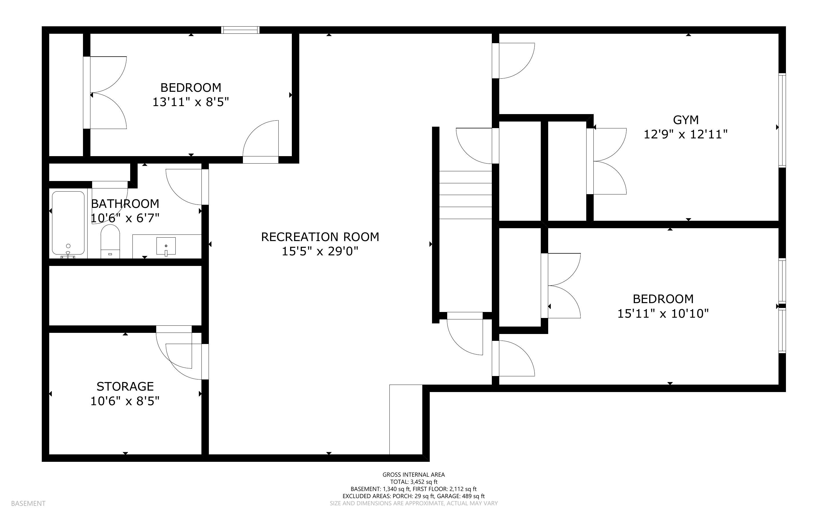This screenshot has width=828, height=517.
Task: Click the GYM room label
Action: (x=686, y=120)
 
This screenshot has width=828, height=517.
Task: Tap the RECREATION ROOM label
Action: (x=320, y=237)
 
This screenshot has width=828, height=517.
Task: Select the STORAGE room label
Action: (x=125, y=386)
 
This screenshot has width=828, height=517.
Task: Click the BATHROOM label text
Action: (x=125, y=204)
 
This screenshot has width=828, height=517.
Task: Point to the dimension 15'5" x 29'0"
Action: (x=320, y=251)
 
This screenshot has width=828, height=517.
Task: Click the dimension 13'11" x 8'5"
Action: (x=191, y=102)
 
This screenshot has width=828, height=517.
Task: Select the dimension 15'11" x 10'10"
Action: (x=663, y=314)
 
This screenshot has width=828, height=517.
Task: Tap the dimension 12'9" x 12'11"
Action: (x=686, y=134)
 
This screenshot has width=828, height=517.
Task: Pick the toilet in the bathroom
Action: (x=110, y=241)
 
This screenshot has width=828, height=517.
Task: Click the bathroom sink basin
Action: (x=166, y=246)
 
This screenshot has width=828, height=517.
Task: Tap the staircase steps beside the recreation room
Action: (x=465, y=195)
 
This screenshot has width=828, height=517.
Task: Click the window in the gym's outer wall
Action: (x=782, y=120)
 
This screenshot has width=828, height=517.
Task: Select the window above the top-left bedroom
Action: (x=240, y=30)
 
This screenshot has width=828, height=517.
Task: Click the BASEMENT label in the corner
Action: (x=28, y=503)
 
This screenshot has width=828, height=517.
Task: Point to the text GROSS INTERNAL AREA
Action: (x=413, y=475)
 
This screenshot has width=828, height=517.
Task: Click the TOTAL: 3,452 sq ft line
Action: (x=413, y=482)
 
